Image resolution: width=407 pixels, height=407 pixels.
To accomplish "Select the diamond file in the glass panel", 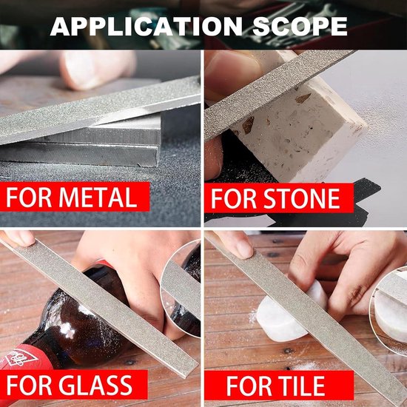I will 104,303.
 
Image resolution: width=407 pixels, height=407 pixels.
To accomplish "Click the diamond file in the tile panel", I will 311,311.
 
